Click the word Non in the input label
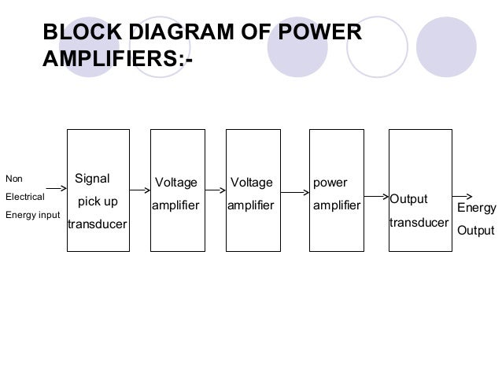tap(13, 178)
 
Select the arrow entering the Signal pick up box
tap(56, 189)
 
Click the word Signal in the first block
tap(92, 178)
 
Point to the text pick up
tap(98, 201)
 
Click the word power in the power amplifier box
tap(330, 183)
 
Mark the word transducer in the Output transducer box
tap(419, 223)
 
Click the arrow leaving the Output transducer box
tap(463, 197)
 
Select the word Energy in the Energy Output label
tap(477, 209)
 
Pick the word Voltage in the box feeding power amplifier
tap(251, 183)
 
